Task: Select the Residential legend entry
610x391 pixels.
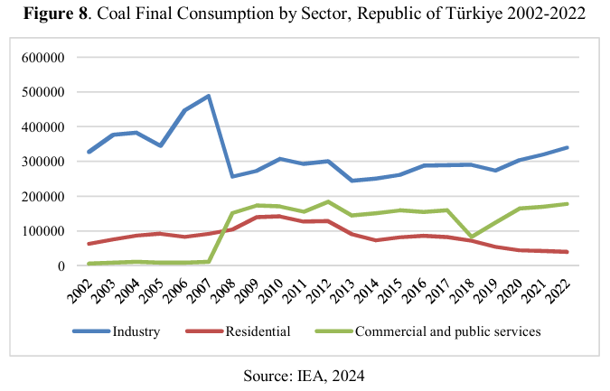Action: (x=258, y=331)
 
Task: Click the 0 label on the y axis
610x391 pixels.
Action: (x=59, y=265)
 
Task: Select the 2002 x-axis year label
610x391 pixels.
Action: (x=82, y=287)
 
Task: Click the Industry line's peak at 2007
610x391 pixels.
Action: (x=210, y=96)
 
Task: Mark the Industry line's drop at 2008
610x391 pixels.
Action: (x=232, y=176)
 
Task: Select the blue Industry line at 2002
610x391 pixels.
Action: (x=89, y=152)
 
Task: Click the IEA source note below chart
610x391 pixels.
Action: (x=304, y=374)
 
